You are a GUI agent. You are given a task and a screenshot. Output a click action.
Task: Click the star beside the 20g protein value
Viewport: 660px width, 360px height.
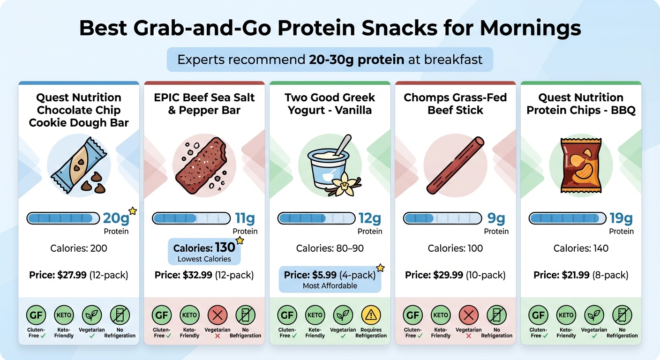[x=133, y=211]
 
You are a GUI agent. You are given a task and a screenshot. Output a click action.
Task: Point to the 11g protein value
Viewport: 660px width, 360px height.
[x=245, y=218]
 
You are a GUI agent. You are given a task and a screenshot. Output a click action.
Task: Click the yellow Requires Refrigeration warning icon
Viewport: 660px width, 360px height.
[x=371, y=315]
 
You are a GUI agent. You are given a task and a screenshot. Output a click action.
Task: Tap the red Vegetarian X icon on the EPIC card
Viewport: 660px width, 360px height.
[x=217, y=315]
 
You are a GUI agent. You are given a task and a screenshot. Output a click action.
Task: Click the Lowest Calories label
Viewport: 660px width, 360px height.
[x=204, y=259]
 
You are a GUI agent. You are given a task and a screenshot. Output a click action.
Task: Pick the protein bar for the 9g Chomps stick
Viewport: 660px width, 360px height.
[x=442, y=218]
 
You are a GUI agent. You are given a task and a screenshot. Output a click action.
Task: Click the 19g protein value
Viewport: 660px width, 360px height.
[x=621, y=218]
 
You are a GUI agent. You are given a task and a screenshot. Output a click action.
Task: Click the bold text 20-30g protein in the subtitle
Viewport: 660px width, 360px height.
[x=356, y=60]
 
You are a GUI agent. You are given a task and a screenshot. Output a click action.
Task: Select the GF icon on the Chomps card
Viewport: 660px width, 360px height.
[x=412, y=315]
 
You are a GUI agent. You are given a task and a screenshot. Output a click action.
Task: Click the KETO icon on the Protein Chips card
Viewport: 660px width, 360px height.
[x=566, y=315]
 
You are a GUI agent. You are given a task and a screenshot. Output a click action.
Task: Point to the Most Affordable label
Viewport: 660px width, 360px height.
[x=330, y=285]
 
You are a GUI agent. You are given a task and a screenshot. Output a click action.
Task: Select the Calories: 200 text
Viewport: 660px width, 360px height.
[x=79, y=248]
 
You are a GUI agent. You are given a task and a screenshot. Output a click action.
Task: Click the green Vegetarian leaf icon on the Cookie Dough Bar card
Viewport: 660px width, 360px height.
[x=92, y=315]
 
